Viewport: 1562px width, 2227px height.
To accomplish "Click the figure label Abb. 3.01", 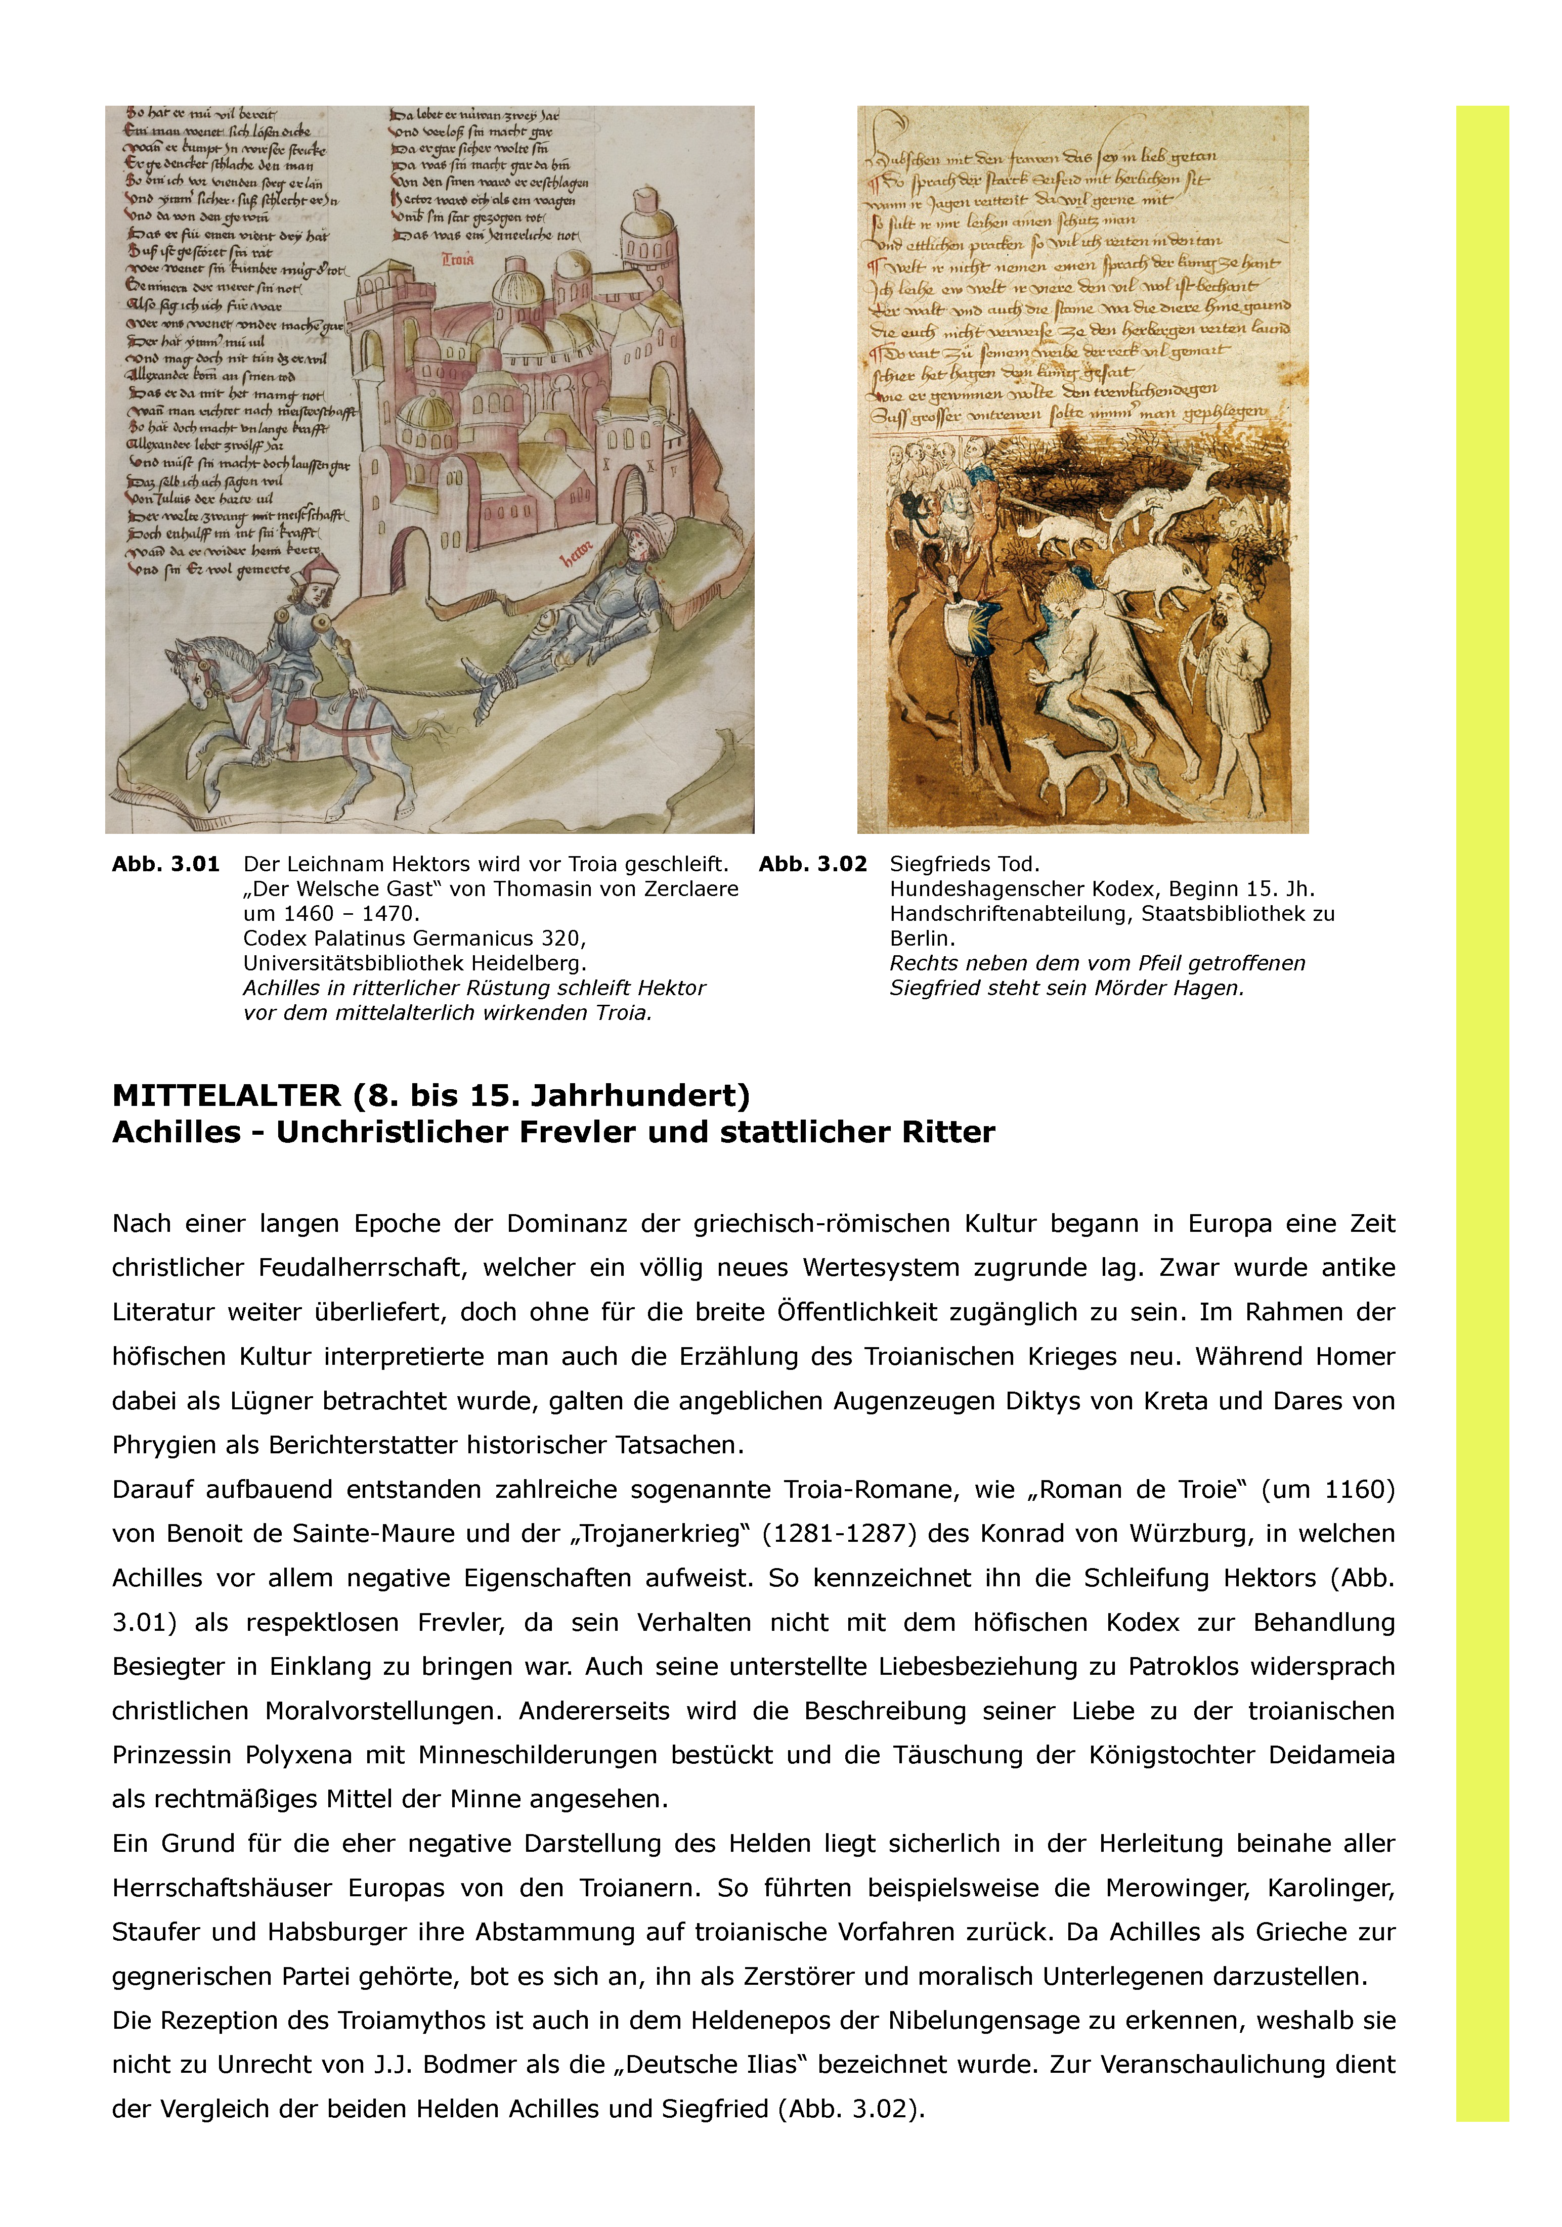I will point(165,864).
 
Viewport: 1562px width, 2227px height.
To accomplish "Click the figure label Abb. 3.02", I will point(812,864).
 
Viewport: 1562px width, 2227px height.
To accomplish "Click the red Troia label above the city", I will point(458,260).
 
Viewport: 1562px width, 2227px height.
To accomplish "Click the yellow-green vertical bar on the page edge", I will point(1482,1116).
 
